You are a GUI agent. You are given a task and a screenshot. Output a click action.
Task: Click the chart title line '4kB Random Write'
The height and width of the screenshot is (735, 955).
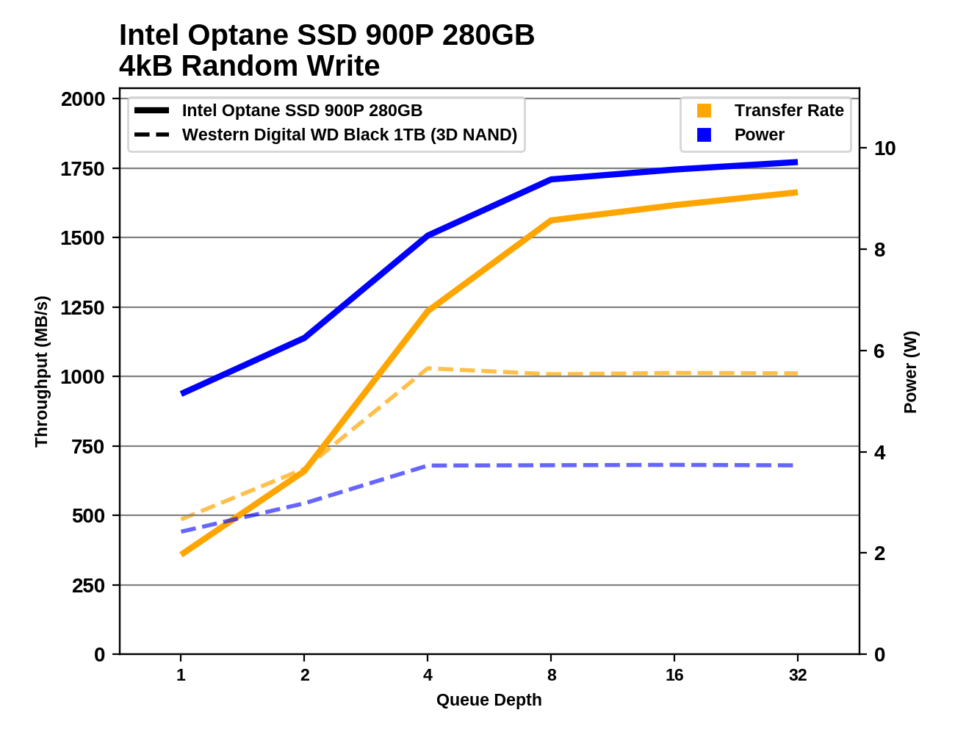pos(249,66)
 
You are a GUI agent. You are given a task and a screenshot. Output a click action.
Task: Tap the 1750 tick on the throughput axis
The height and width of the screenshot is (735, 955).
pos(82,169)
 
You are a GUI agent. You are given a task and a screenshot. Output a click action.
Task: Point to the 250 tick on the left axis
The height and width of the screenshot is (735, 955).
pos(88,586)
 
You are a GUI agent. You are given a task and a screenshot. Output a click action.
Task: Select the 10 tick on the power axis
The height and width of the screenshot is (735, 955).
pos(884,148)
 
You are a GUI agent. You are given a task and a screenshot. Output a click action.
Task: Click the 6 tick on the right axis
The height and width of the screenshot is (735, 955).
pos(879,351)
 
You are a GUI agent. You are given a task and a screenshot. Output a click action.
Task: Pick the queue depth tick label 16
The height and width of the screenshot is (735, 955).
pos(674,675)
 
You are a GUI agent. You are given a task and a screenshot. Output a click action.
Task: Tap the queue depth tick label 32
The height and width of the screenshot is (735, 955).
pos(798,675)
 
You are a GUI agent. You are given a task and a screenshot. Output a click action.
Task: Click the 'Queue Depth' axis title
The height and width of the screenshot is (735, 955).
pos(489,700)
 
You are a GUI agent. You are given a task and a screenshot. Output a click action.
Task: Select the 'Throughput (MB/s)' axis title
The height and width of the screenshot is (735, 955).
pos(41,371)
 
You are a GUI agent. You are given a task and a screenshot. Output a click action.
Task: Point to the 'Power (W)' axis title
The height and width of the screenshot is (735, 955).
pos(910,372)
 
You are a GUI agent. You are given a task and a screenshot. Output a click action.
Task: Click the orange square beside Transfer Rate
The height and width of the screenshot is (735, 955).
pos(704,110)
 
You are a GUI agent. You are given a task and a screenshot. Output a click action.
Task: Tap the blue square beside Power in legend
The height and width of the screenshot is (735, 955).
pos(704,135)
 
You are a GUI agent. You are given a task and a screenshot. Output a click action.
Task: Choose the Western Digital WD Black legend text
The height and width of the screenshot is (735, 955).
pos(350,135)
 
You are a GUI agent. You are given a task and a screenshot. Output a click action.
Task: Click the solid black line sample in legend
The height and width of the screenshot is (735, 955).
pos(152,110)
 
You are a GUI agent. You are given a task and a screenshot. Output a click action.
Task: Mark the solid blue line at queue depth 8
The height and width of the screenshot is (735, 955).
pos(551,179)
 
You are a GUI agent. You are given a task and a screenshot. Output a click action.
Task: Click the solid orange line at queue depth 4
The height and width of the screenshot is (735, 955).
pos(428,311)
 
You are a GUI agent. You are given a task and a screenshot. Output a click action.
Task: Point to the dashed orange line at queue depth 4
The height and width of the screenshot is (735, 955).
pos(428,368)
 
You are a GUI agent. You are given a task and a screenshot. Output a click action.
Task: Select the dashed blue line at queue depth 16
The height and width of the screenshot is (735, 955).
pos(674,465)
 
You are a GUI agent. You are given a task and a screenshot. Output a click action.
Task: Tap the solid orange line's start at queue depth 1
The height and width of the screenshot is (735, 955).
pos(181,553)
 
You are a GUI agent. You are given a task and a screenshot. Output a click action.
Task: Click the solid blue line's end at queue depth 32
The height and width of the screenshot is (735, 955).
pos(797,162)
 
